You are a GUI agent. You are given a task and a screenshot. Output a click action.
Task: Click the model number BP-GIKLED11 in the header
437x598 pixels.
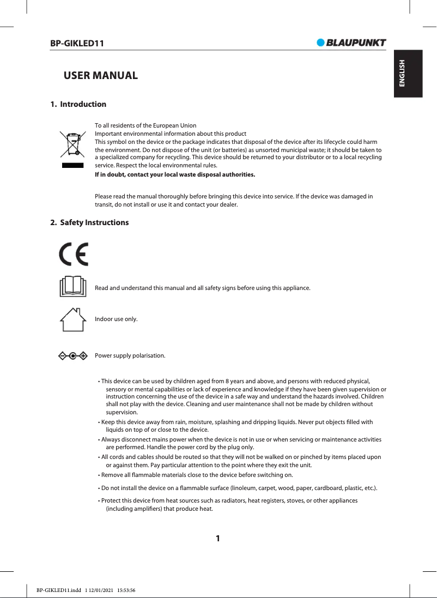pos(77,43)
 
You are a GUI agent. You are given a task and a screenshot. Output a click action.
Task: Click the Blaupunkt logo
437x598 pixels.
pos(351,43)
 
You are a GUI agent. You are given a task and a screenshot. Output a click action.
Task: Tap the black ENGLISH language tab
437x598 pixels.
pos(402,74)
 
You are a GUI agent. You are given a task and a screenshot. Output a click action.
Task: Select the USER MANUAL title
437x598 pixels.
pos(101,75)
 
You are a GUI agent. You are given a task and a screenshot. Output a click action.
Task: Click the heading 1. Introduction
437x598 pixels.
pos(78,104)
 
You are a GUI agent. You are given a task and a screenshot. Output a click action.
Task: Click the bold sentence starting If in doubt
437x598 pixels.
pos(174,175)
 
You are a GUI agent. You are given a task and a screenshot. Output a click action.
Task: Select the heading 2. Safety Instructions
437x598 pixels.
pos(90,222)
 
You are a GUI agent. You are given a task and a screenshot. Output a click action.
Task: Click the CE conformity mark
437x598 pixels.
pos(74,253)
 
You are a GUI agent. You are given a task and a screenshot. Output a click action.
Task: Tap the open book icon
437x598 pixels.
pos(73,287)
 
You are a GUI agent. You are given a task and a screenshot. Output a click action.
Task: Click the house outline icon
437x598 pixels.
pos(73,319)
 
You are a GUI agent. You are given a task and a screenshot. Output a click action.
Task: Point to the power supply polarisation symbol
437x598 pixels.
pos(73,356)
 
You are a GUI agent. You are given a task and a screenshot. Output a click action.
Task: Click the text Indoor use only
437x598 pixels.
pos(116,319)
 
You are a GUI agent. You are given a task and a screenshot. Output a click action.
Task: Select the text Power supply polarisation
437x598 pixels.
pos(130,356)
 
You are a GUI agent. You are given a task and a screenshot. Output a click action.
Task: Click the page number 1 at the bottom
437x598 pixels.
pos(218,539)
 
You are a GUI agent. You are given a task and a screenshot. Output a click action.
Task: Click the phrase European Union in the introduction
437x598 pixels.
pos(178,125)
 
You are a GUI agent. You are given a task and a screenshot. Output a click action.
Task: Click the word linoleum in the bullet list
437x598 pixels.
pos(244,487)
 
